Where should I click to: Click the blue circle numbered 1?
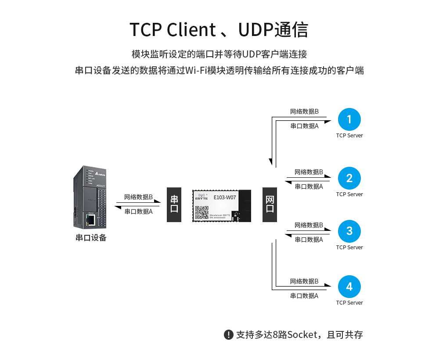[349, 119]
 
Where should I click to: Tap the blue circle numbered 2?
[349, 178]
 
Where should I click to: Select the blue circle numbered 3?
[349, 231]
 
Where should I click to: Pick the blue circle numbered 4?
[349, 287]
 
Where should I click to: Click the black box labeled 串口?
[174, 204]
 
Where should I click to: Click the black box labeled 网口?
[270, 204]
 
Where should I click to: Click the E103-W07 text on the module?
[225, 198]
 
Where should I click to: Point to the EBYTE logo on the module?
[202, 198]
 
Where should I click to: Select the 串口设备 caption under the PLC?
[91, 238]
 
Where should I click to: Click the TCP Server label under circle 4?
[349, 302]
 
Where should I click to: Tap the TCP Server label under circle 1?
[349, 135]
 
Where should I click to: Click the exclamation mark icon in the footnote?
[228, 334]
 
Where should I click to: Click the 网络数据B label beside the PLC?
[138, 197]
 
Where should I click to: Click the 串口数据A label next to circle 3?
[309, 239]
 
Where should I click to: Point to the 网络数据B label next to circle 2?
[309, 172]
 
